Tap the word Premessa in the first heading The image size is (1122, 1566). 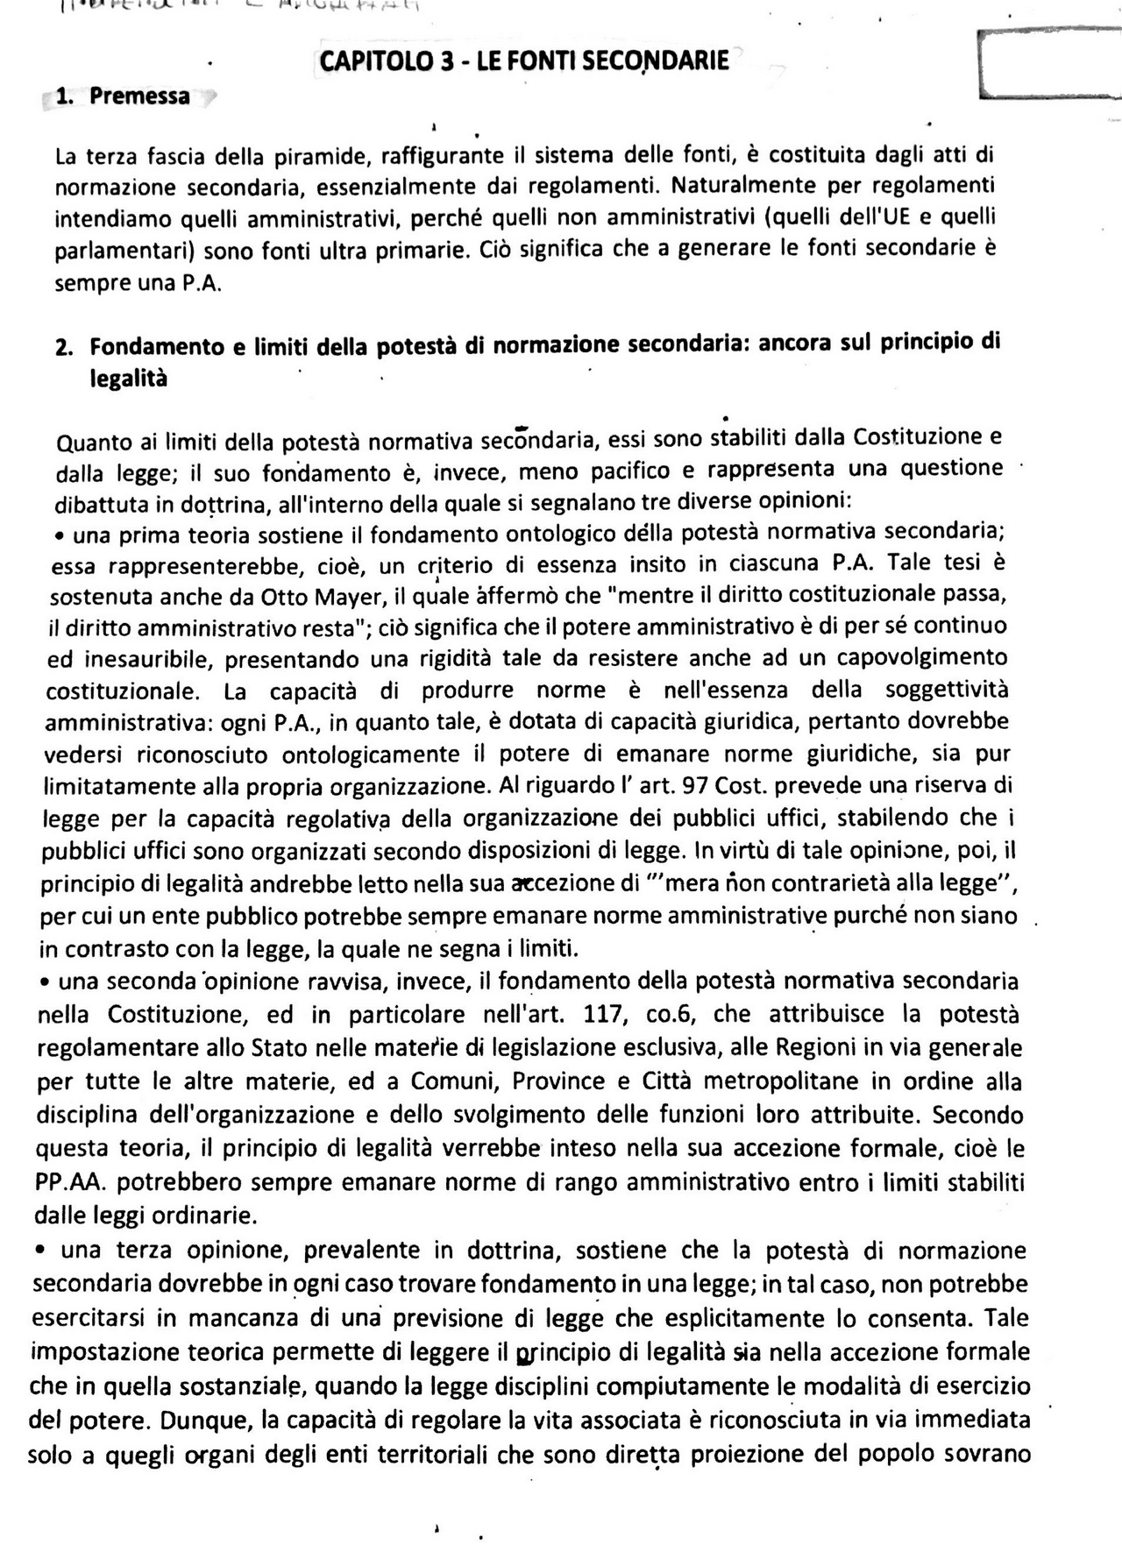[139, 96]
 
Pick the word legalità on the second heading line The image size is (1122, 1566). [128, 379]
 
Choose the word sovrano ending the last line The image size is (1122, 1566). [984, 1453]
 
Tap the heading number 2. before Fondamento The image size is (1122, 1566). [63, 348]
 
